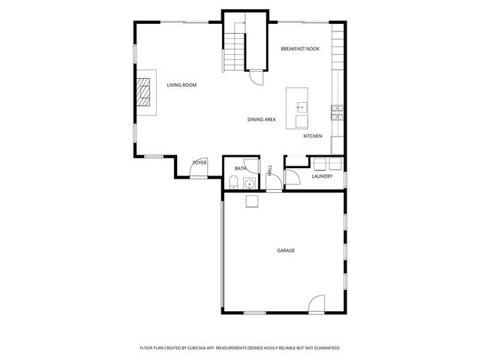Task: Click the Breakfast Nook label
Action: [300, 49]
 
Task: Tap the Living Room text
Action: [181, 85]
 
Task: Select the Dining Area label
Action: [262, 119]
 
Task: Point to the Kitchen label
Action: [313, 136]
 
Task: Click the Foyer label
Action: [199, 163]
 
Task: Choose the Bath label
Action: [240, 169]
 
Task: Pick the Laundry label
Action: [322, 176]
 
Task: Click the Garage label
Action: [285, 250]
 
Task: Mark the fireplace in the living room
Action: [143, 94]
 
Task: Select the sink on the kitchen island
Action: [301, 106]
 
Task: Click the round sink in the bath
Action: [247, 181]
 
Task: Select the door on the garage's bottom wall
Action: [316, 304]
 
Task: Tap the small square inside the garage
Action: [250, 199]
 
